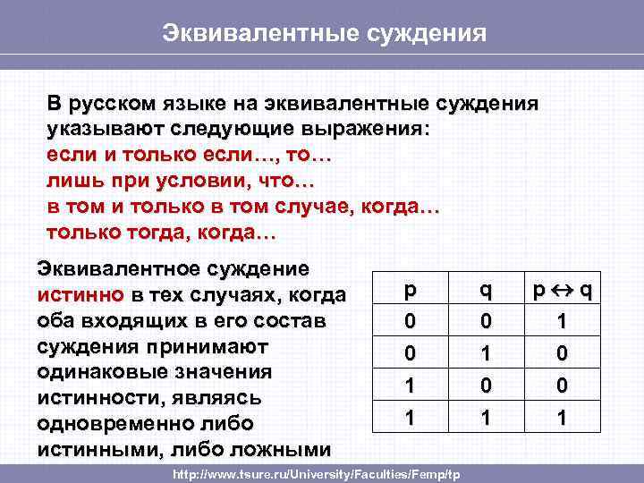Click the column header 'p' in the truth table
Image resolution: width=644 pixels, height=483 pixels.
410,291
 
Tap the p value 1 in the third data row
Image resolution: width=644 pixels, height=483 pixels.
410,385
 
